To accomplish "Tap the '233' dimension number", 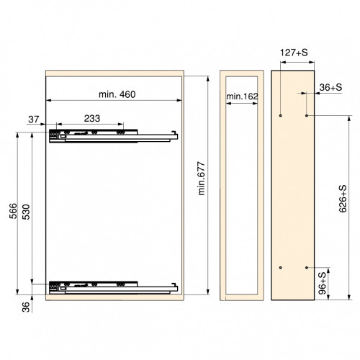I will [91, 119].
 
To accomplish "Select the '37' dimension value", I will [34, 119].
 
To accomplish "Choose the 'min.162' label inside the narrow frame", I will [241, 96].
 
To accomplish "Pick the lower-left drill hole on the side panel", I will [281, 268].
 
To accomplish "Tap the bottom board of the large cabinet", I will [115, 296].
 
